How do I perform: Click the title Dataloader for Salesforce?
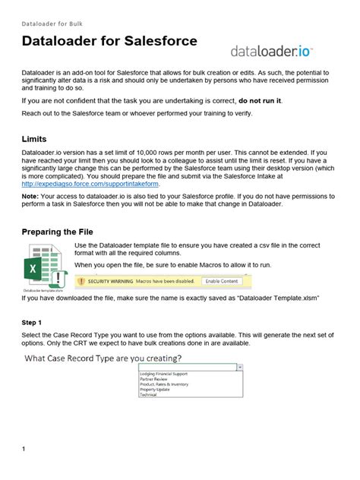coord(109,40)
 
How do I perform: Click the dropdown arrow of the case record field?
coord(240,366)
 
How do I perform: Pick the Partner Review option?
coord(154,379)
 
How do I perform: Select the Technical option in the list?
coord(150,395)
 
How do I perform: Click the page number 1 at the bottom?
coord(24,449)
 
